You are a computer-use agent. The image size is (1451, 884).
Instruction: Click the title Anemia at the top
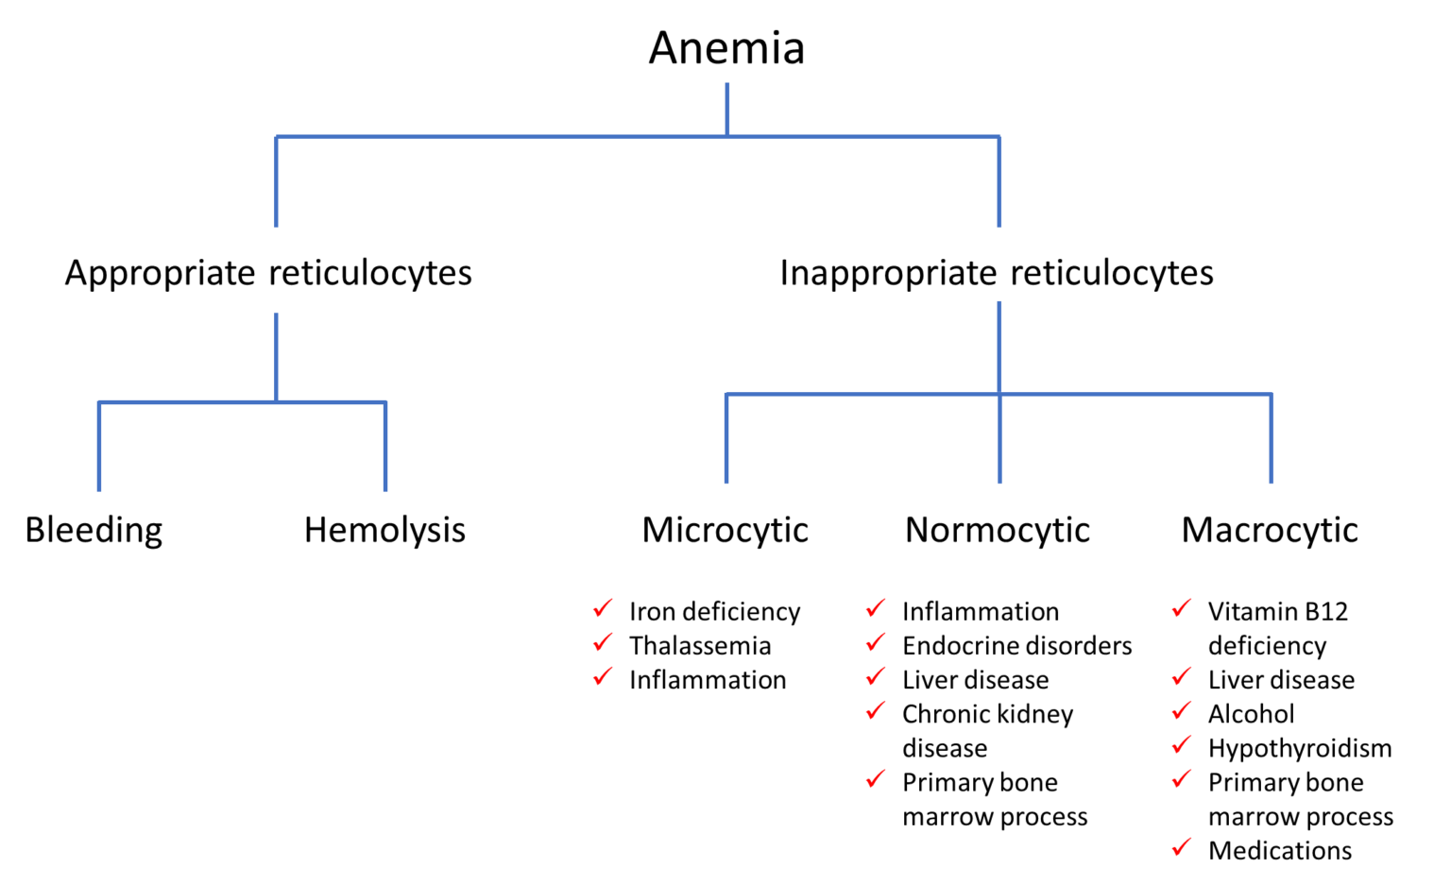pos(726,48)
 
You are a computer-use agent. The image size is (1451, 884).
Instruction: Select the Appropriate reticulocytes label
pos(268,273)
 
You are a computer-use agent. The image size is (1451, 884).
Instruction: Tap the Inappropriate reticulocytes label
pos(997,273)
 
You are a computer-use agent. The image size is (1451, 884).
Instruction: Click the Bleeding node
pos(94,531)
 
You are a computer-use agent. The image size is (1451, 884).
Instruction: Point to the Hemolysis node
pos(384,531)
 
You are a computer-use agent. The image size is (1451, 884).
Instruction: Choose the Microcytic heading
pos(725,531)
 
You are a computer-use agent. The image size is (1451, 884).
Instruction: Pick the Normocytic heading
pos(998,531)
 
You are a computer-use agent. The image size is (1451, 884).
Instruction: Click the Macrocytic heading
pos(1270,531)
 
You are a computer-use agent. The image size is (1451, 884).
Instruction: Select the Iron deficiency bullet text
pos(714,612)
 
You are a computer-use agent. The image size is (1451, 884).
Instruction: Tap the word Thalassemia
pos(700,646)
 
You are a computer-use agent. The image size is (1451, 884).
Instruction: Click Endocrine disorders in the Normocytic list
pos(1017,646)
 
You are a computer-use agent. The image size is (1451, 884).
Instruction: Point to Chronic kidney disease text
pos(988,731)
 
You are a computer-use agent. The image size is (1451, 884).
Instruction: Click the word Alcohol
pos(1251,714)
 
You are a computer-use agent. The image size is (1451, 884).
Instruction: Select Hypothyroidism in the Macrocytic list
pos(1300,749)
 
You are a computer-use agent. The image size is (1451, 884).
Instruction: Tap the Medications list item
pos(1280,851)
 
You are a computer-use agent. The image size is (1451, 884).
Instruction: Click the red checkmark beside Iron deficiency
pos(603,608)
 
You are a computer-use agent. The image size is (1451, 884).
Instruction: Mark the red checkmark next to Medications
pos(1182,847)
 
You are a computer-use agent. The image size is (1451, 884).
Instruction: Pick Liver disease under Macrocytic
pos(1281,680)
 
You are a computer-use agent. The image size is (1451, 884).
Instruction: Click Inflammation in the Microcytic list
pos(708,680)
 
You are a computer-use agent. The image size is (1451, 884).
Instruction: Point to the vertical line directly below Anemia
pos(726,110)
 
